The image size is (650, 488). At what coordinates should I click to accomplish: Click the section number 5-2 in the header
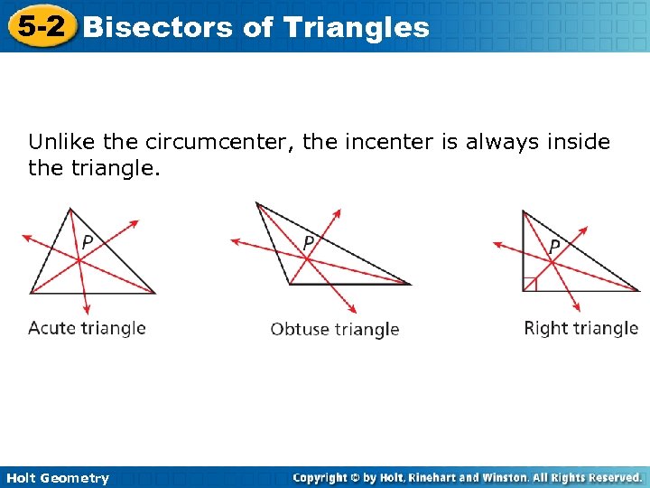click(41, 26)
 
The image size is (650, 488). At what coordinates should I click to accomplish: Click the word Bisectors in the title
click(157, 27)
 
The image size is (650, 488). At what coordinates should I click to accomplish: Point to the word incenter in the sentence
click(388, 142)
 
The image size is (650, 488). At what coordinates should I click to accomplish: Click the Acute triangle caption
click(87, 327)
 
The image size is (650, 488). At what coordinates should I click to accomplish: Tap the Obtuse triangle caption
click(335, 329)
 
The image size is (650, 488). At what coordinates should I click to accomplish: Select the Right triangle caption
click(580, 328)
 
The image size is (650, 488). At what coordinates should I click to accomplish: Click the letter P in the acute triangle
click(88, 242)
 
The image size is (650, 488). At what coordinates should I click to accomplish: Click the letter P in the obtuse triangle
click(309, 243)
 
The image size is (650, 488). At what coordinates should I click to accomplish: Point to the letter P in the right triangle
click(554, 246)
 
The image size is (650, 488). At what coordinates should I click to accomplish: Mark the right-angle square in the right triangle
click(530, 285)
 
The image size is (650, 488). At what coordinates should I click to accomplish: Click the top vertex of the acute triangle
click(70, 208)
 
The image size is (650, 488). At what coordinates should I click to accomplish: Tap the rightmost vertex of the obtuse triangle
click(410, 284)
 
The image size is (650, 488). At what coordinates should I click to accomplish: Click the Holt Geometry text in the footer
click(55, 478)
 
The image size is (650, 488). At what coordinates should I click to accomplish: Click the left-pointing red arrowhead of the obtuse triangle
click(235, 241)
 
